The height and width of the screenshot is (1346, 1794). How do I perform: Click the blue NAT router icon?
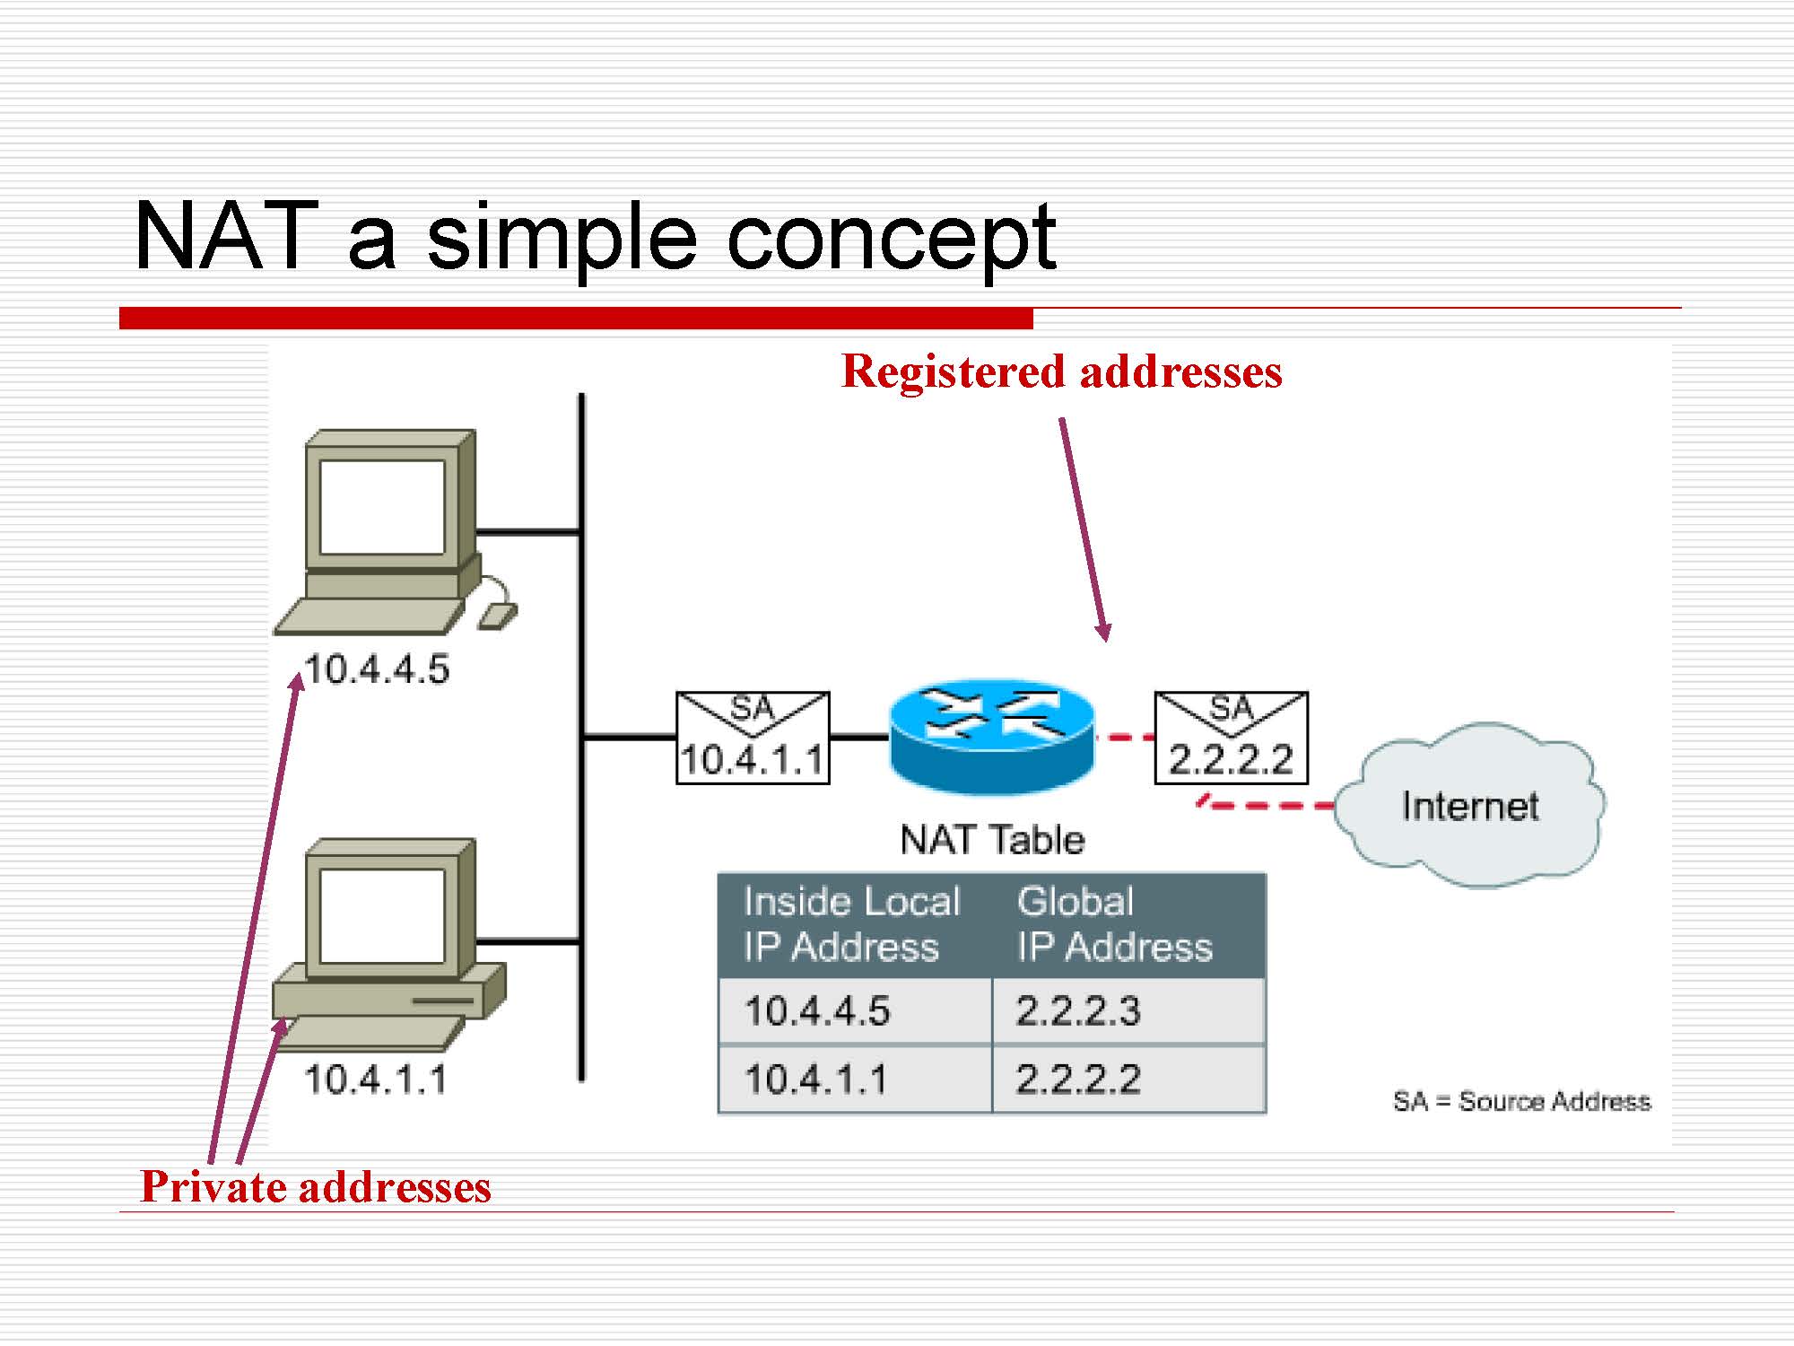991,736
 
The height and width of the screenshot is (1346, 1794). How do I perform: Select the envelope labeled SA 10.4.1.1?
752,738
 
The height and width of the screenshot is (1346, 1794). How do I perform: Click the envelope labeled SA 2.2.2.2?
1231,738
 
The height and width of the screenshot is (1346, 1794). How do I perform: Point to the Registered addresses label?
1061,371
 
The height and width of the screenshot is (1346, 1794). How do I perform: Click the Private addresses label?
316,1186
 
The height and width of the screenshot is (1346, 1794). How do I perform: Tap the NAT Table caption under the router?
992,840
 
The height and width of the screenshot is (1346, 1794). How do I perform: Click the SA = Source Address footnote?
1521,1101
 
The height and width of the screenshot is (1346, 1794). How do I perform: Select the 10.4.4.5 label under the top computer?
377,669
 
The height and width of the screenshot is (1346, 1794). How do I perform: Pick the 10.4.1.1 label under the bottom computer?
375,1079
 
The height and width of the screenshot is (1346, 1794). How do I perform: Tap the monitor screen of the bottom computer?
382,916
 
